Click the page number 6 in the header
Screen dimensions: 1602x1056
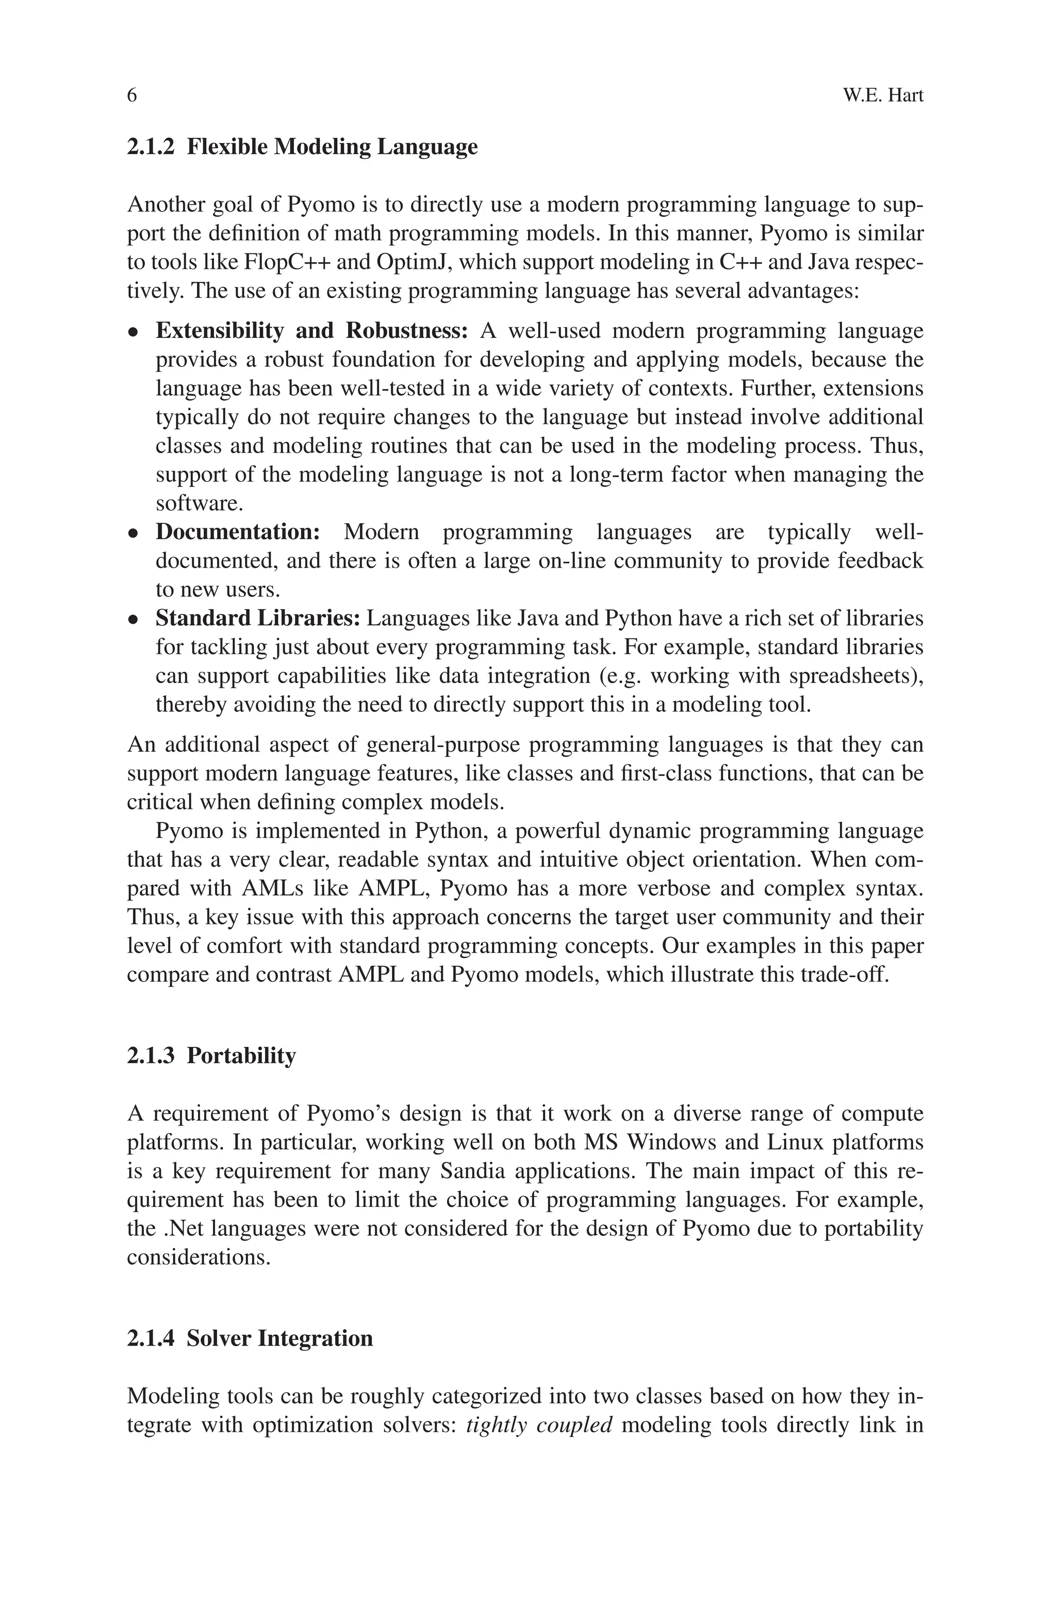click(132, 95)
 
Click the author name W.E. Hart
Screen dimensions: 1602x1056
click(883, 95)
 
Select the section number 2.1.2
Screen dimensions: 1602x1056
click(150, 147)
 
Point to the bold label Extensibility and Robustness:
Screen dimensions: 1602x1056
click(312, 331)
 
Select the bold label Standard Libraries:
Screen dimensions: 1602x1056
click(259, 618)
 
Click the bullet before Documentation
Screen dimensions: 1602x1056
click(134, 533)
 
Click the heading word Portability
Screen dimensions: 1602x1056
click(241, 1056)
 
